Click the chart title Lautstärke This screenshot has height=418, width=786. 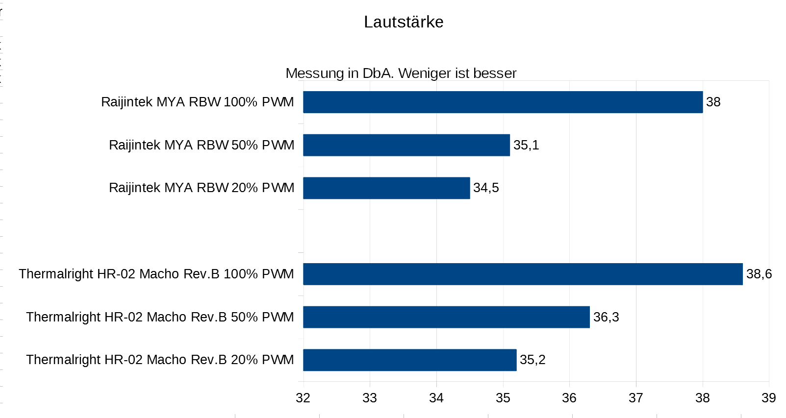point(404,22)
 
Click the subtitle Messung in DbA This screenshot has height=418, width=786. point(401,74)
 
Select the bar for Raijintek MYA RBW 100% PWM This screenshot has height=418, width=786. point(503,102)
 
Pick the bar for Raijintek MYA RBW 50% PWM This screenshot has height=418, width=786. point(406,145)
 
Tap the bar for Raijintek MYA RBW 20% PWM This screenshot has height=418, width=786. point(386,188)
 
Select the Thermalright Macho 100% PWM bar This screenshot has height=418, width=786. point(523,274)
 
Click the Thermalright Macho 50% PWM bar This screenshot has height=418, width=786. point(446,317)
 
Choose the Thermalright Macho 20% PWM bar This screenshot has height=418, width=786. point(409,360)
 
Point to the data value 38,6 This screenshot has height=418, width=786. point(759,274)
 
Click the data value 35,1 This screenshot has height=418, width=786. point(526,145)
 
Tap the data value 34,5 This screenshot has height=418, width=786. point(486,188)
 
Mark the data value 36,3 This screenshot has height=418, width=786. point(606,317)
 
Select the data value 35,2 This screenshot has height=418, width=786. point(532,360)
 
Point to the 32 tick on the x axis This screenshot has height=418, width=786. point(303,398)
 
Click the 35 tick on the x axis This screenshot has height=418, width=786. point(503,398)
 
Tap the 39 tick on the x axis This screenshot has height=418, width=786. point(768,398)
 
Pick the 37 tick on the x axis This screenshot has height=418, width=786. point(636,398)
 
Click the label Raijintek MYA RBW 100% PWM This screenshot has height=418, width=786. point(197,102)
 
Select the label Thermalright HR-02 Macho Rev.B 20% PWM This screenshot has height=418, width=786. point(160,360)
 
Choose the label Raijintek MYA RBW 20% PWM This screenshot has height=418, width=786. point(202,188)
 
